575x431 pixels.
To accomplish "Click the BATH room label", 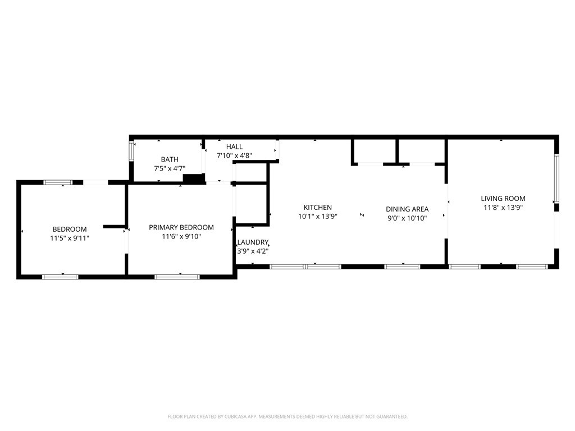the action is pyautogui.click(x=170, y=159).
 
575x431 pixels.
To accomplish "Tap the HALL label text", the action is pyautogui.click(x=234, y=146).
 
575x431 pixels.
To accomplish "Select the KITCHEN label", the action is pyautogui.click(x=318, y=208).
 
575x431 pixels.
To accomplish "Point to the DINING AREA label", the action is pyautogui.click(x=407, y=209).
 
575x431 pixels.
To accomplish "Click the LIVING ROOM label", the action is pyautogui.click(x=503, y=199).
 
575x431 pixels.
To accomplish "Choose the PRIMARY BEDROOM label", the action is pyautogui.click(x=181, y=228).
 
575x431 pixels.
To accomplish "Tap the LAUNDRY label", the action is pyautogui.click(x=253, y=242).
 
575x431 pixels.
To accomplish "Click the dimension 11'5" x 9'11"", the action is pyautogui.click(x=70, y=238).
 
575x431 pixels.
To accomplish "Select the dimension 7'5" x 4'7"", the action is pyautogui.click(x=170, y=168).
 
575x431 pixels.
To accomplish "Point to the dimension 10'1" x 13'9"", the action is pyautogui.click(x=318, y=217).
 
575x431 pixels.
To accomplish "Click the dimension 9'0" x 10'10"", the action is pyautogui.click(x=407, y=218).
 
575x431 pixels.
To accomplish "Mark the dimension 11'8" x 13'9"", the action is pyautogui.click(x=503, y=208).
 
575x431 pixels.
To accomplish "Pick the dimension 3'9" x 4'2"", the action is pyautogui.click(x=253, y=251).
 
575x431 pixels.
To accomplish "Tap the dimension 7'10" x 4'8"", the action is pyautogui.click(x=234, y=156).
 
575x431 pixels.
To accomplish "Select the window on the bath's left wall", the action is pyautogui.click(x=131, y=151).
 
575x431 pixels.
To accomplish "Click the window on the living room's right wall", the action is pyautogui.click(x=556, y=178).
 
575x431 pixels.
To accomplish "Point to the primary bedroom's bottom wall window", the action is pyautogui.click(x=177, y=277).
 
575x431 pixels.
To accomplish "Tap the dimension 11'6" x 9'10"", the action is pyautogui.click(x=181, y=237).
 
